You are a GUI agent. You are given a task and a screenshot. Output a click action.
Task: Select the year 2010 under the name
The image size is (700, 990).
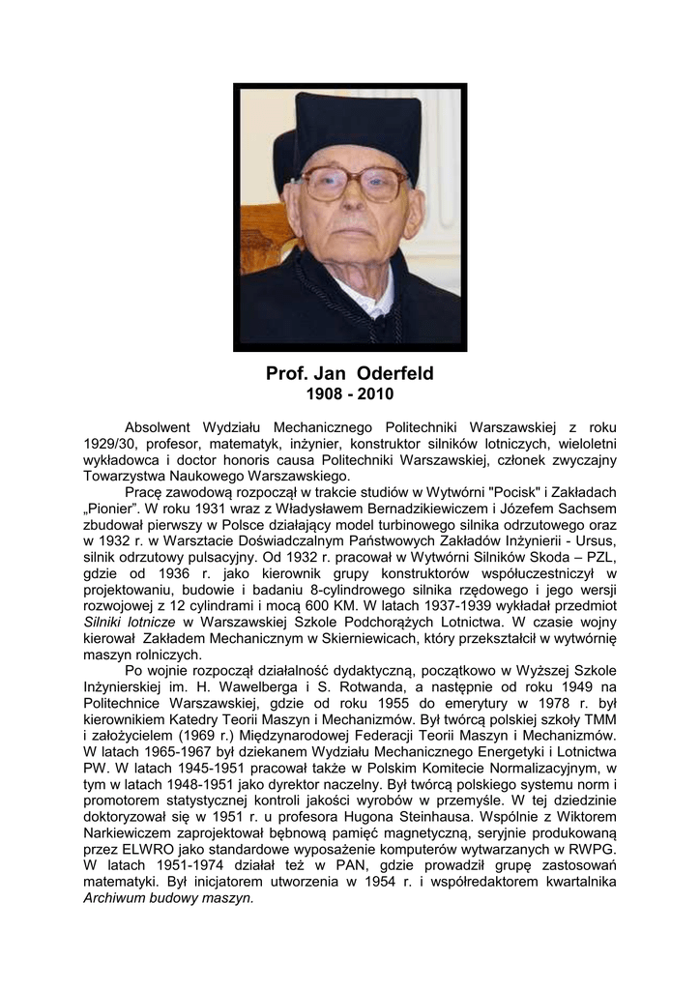(x=375, y=394)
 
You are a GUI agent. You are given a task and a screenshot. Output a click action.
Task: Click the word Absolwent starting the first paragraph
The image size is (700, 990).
(x=160, y=427)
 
